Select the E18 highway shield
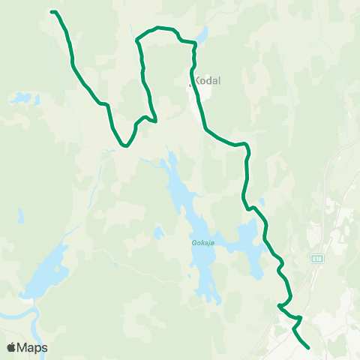coord(318,257)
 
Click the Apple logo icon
coord(11,347)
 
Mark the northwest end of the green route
coord(51,11)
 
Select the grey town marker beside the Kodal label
coord(190,85)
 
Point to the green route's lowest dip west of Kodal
coord(126,146)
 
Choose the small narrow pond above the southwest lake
coord(20,217)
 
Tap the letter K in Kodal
coord(197,80)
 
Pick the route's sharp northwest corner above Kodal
coord(136,39)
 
